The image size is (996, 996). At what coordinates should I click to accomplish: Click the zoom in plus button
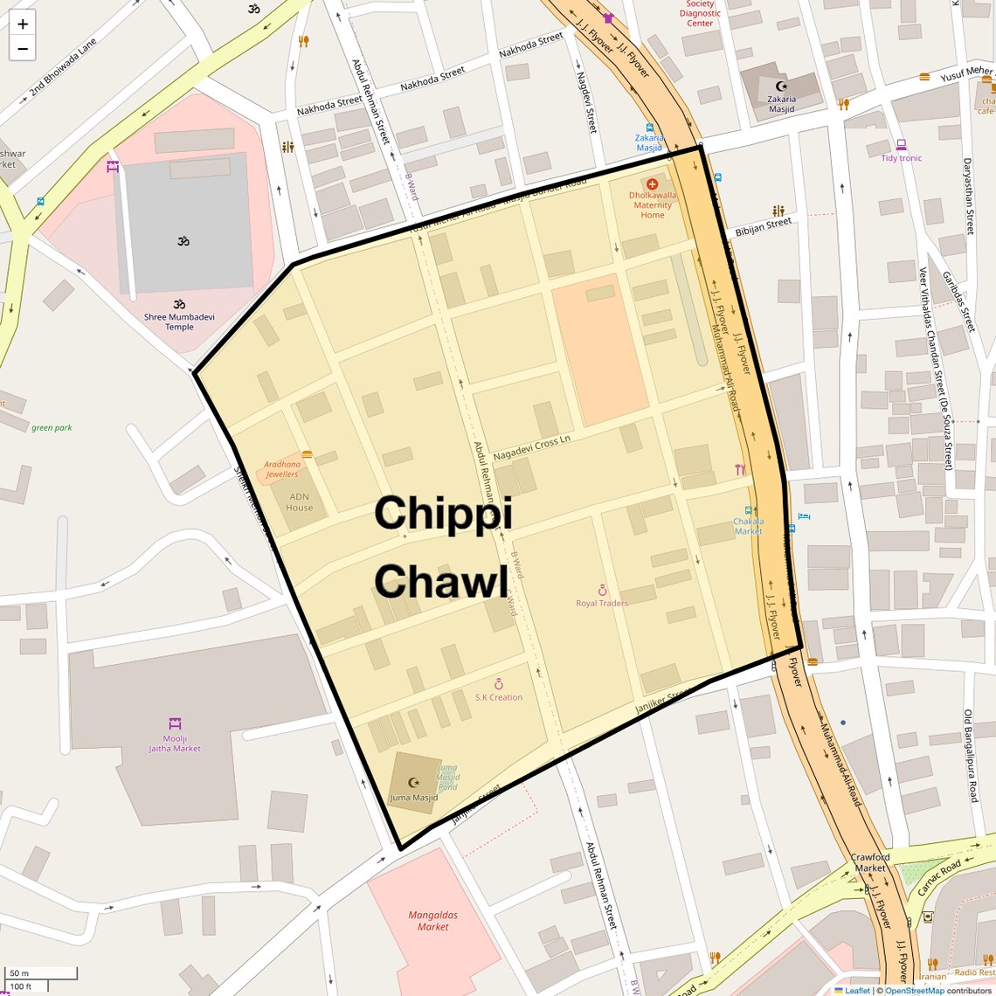(23, 24)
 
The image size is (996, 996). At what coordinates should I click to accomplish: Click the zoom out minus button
(23, 49)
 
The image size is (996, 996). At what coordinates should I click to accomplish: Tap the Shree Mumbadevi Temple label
(179, 322)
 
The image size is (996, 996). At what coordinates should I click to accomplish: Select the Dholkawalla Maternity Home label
(653, 205)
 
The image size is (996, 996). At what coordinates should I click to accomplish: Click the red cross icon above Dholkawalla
(652, 184)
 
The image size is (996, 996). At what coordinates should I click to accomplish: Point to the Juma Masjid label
(413, 798)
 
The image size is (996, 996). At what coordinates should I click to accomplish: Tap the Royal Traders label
(602, 603)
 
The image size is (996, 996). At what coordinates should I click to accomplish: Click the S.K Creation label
(499, 697)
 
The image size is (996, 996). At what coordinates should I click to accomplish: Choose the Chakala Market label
(748, 526)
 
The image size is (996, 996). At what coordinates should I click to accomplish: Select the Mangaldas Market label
(433, 921)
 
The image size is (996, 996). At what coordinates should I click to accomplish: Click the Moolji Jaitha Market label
(175, 744)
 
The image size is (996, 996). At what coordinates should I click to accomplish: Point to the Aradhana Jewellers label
(282, 469)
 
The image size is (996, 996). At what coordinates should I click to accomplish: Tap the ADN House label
(299, 502)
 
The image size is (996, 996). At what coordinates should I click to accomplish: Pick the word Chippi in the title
(443, 513)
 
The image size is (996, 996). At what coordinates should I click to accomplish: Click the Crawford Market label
(870, 862)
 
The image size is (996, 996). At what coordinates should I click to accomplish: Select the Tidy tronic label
(902, 158)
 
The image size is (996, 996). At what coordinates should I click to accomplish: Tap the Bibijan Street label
(764, 227)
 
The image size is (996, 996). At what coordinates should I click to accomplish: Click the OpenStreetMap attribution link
(914, 991)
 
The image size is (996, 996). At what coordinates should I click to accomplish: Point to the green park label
(52, 428)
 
